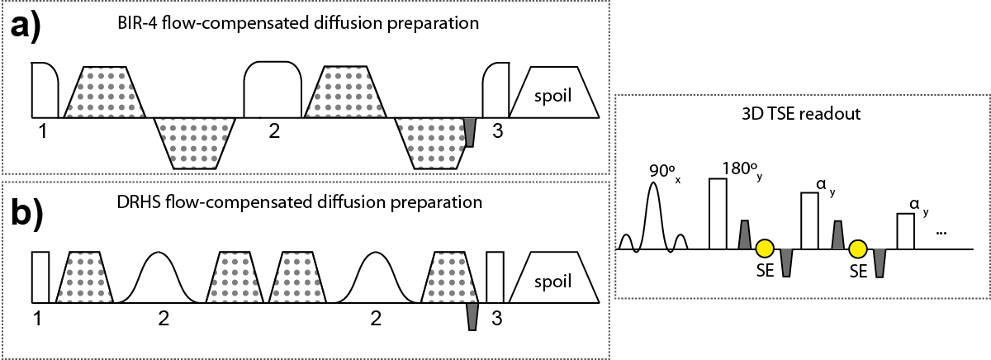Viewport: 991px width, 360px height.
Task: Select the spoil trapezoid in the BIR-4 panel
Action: [554, 92]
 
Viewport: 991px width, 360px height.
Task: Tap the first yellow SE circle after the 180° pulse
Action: [765, 248]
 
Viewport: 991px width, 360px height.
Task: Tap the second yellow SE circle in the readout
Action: [858, 248]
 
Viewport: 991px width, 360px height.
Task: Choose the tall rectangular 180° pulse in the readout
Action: [718, 214]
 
